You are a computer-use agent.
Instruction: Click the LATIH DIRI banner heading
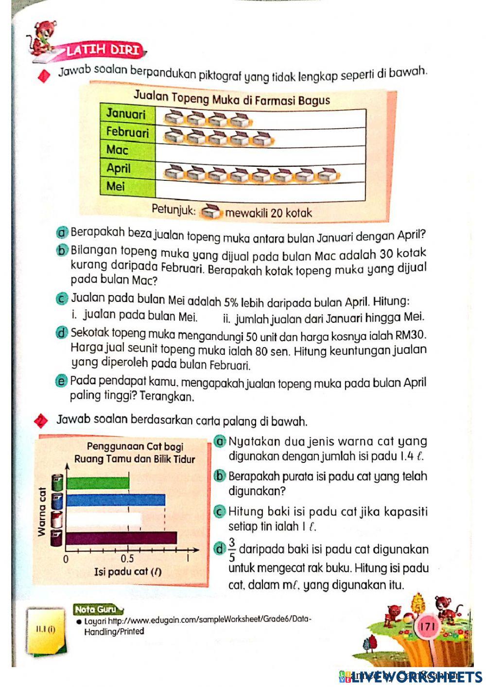pos(103,50)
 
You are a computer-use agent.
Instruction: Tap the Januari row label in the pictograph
pos(126,114)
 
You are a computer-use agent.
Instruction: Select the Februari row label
pos(127,132)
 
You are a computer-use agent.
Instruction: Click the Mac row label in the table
pos(117,150)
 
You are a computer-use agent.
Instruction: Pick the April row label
pos(119,168)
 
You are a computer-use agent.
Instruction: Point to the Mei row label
pos(116,186)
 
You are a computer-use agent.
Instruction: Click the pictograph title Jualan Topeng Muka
pos(231,99)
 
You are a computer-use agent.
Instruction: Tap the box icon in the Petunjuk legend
pos(211,211)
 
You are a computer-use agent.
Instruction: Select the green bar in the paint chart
pos(98,483)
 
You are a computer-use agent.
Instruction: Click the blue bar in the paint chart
pos(116,500)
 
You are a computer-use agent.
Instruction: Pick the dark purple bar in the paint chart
pos(121,537)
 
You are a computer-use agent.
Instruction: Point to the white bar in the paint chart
pos(104,519)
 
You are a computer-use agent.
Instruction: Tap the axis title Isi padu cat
pos(127,572)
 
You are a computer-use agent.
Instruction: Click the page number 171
pos(428,626)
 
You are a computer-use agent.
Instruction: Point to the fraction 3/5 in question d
pos(232,549)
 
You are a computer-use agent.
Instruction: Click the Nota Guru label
pos(95,609)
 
